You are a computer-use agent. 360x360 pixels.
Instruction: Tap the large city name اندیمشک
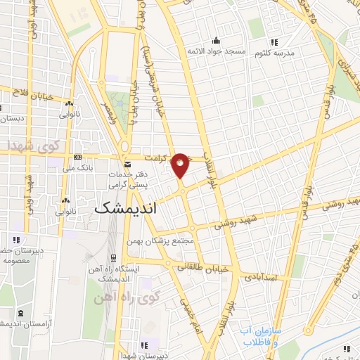tap(124, 208)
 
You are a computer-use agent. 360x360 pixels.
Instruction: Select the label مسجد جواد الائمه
tap(214, 51)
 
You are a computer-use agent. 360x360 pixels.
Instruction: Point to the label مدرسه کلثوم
tap(296, 53)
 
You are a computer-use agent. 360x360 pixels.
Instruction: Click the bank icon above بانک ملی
tap(78, 157)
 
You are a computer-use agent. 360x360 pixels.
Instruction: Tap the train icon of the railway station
tap(112, 258)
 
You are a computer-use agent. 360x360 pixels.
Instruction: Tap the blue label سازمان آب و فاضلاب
tap(261, 335)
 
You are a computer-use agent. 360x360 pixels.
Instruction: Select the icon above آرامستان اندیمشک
tap(20, 312)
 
